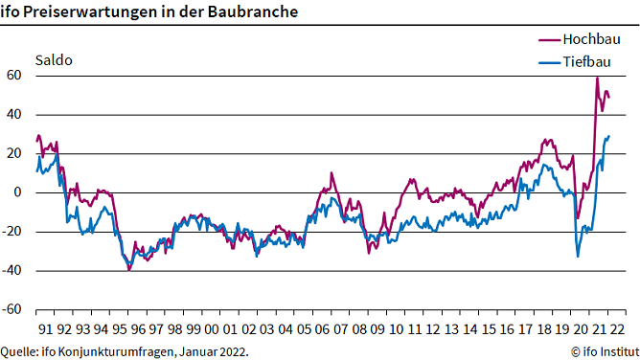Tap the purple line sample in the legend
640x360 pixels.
pyautogui.click(x=549, y=39)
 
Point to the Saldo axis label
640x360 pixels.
pyautogui.click(x=54, y=59)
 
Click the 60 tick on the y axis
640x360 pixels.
pyautogui.click(x=14, y=76)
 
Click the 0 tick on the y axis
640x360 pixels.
pyautogui.click(x=18, y=192)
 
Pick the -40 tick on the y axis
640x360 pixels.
pyautogui.click(x=12, y=271)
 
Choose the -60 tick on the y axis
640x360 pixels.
pyautogui.click(x=12, y=310)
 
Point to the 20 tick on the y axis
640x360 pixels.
pyautogui.click(x=14, y=153)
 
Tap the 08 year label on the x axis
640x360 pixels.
pyautogui.click(x=357, y=327)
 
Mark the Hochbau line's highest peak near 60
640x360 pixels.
pyautogui.click(x=597, y=78)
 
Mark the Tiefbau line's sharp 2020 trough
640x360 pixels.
pyautogui.click(x=578, y=256)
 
